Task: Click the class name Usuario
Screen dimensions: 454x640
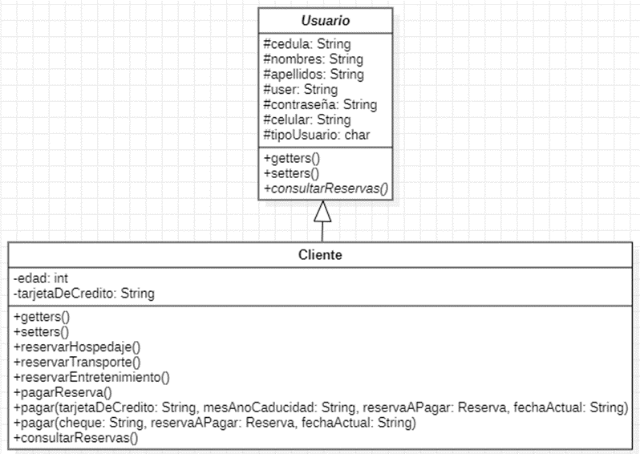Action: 326,20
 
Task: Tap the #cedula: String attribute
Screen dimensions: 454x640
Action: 306,44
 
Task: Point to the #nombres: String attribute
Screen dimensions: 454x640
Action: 313,59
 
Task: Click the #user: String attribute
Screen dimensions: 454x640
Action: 300,89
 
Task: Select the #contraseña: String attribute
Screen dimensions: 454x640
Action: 320,104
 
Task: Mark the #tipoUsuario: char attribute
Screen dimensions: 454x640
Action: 316,135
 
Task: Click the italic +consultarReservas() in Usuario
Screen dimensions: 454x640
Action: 326,188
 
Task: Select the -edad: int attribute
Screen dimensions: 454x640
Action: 41,278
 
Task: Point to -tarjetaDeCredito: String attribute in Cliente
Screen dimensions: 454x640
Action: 84,294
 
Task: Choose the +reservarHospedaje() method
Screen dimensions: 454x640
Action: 77,347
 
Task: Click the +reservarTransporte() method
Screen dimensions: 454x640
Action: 78,362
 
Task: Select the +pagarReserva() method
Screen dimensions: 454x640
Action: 63,392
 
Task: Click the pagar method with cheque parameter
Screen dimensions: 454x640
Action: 215,423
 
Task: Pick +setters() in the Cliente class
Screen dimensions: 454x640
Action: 42,331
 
